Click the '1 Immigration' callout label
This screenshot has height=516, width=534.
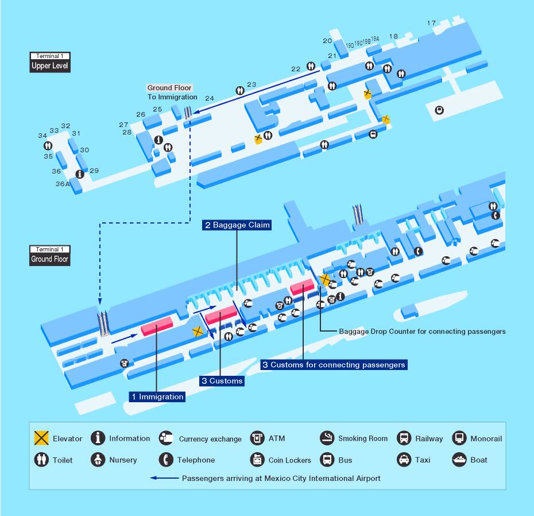pyautogui.click(x=157, y=396)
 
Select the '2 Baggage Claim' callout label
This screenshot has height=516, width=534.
pyautogui.click(x=237, y=225)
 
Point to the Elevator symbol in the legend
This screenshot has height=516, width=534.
pyautogui.click(x=41, y=438)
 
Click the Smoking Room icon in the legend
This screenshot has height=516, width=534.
pyautogui.click(x=327, y=438)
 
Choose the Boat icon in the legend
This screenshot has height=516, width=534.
pyautogui.click(x=459, y=460)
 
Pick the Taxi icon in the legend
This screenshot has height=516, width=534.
pyautogui.click(x=404, y=460)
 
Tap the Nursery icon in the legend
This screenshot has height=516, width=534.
pyautogui.click(x=99, y=460)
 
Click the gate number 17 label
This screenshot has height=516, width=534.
pyautogui.click(x=431, y=23)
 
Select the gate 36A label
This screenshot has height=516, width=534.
pyautogui.click(x=62, y=184)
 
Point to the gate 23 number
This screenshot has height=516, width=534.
pyautogui.click(x=251, y=84)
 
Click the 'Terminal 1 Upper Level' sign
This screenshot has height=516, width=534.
pyautogui.click(x=50, y=61)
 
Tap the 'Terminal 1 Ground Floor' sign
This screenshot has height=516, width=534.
pyautogui.click(x=50, y=255)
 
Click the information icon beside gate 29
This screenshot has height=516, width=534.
pyautogui.click(x=80, y=174)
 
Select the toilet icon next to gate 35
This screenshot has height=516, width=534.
pyautogui.click(x=48, y=146)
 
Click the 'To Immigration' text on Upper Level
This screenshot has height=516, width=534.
pyautogui.click(x=172, y=97)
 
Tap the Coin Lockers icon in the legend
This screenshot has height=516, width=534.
pyautogui.click(x=257, y=460)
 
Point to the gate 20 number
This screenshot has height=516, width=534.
pyautogui.click(x=327, y=41)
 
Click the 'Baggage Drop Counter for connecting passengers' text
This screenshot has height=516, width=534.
pyautogui.click(x=422, y=332)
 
